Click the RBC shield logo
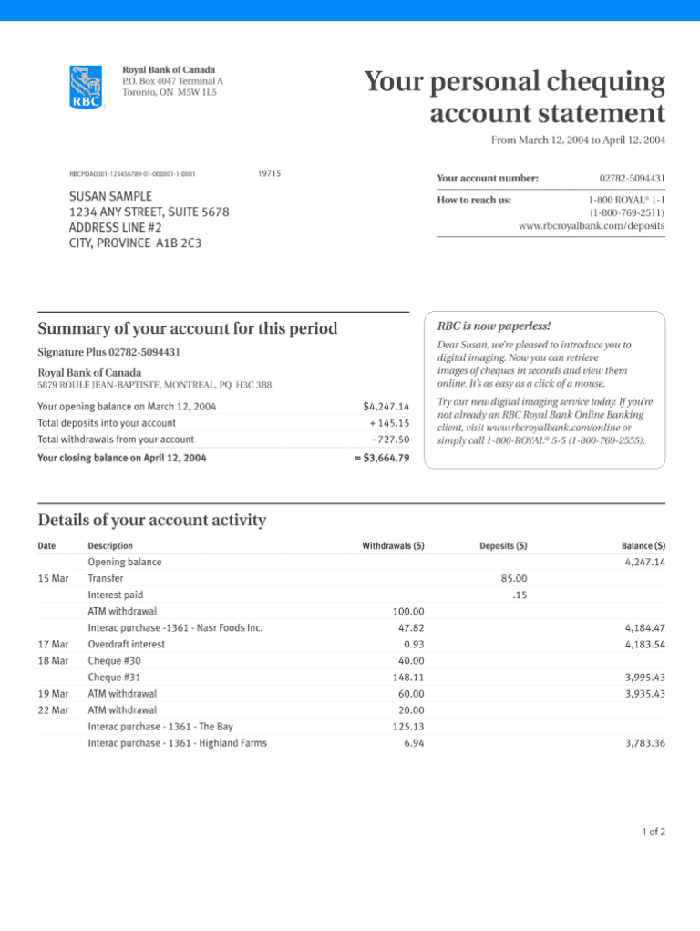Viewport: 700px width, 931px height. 87,87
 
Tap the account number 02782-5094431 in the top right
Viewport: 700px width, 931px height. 632,179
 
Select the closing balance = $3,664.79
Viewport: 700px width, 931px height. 382,458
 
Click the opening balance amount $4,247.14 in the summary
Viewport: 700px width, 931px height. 386,406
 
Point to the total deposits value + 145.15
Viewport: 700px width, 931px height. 389,423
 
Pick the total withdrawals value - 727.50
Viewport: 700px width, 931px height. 391,440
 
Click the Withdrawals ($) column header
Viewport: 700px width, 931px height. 393,546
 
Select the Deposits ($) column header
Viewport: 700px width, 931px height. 503,546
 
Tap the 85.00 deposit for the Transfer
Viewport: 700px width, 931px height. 514,578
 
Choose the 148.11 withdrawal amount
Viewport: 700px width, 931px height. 408,678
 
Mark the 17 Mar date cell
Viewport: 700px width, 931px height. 53,644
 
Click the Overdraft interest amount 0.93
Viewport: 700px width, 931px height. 414,644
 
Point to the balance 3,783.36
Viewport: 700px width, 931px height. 645,743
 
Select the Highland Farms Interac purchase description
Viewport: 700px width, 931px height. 177,743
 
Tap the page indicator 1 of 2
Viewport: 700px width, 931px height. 654,833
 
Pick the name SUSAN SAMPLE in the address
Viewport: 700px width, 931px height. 111,196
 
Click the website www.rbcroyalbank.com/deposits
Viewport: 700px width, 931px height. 592,225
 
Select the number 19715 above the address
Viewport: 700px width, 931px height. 269,173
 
